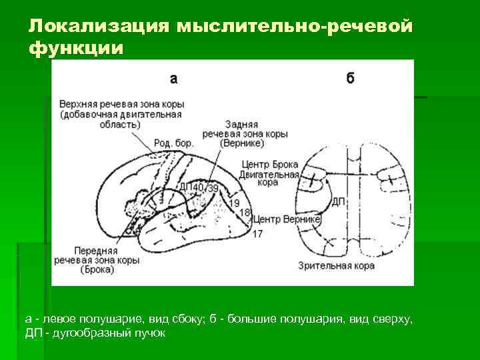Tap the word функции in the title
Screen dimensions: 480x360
(x=76, y=48)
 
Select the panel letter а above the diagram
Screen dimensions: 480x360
(x=173, y=79)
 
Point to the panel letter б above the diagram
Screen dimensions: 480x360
(x=351, y=78)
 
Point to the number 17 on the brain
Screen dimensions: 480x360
(x=257, y=233)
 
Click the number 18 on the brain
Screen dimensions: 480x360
(x=245, y=212)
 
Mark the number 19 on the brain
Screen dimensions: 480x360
(x=233, y=202)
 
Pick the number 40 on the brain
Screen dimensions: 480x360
(x=198, y=188)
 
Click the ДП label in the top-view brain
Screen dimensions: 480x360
(x=338, y=201)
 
